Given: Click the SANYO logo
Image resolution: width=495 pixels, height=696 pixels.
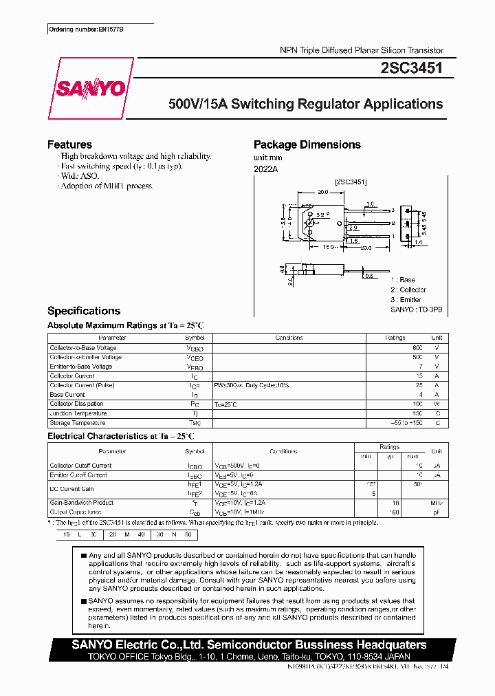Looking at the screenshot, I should pyautogui.click(x=91, y=89).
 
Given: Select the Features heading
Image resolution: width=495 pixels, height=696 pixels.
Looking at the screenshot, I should pyautogui.click(x=69, y=144).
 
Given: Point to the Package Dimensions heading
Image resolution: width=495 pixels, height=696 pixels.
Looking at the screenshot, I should pyautogui.click(x=307, y=144).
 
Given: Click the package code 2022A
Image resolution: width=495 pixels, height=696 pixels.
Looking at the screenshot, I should pyautogui.click(x=265, y=168).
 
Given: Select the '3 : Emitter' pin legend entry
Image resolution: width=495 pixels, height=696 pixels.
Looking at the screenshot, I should pyautogui.click(x=406, y=300).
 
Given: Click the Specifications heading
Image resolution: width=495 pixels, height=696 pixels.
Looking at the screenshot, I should pyautogui.click(x=83, y=311).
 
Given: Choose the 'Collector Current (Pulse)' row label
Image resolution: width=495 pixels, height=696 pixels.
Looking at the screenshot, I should pyautogui.click(x=82, y=386).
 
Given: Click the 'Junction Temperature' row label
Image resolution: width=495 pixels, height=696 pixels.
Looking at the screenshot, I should pyautogui.click(x=78, y=413).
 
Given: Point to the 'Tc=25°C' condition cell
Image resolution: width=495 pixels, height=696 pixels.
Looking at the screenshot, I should pyautogui.click(x=226, y=404).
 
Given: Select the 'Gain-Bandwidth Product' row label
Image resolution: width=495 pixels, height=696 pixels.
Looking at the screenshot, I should pyautogui.click(x=81, y=503).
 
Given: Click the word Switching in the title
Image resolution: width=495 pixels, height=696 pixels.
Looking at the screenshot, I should pyautogui.click(x=261, y=105).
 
